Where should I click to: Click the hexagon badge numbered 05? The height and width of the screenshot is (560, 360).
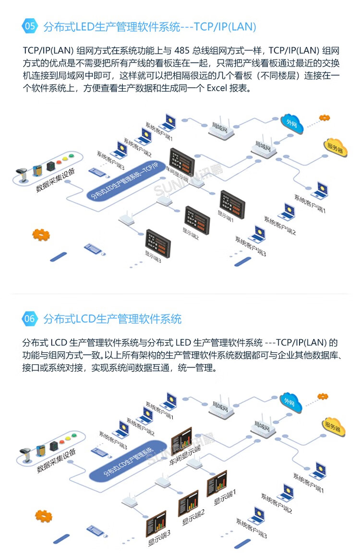30,26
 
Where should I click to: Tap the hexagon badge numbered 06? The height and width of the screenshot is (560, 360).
30,318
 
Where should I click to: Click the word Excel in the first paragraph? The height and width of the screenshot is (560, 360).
217,88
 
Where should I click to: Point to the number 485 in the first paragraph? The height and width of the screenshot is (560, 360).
182,51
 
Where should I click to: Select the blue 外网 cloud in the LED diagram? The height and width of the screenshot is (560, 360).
292,124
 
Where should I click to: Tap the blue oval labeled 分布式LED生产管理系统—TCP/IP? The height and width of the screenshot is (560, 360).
125,181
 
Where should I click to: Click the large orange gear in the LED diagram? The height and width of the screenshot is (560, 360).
41,235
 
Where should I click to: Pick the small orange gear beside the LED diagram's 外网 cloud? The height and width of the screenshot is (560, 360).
324,118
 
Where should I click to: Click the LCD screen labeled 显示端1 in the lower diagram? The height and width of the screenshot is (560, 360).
217,483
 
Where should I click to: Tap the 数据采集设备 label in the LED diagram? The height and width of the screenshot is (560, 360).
56,180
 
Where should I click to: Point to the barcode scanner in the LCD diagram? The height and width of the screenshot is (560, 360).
25,454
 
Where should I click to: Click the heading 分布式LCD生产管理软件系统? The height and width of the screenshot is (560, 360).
112,319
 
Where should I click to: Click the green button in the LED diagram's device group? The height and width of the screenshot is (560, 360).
72,155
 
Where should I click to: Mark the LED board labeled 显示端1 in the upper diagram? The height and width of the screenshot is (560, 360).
233,204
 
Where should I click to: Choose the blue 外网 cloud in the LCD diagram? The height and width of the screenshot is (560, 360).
291,402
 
